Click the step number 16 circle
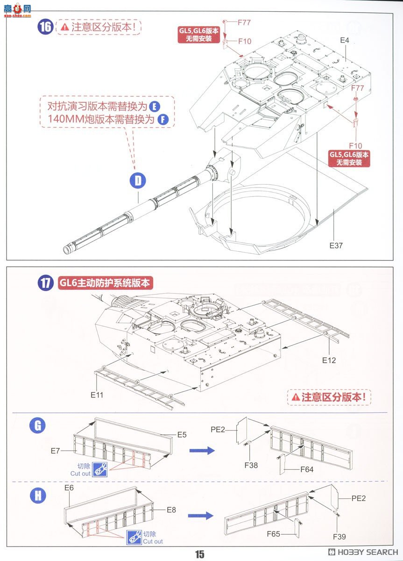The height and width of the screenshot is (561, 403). [x=45, y=27]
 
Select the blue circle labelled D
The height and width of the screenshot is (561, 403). [x=138, y=181]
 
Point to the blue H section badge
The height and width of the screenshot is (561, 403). [x=37, y=496]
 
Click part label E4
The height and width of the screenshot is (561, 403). [x=345, y=40]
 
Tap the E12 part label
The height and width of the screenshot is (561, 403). [x=329, y=360]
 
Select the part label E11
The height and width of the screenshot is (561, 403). [x=97, y=395]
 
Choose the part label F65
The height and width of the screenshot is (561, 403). [x=276, y=534]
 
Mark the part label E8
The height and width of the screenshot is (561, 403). [x=171, y=510]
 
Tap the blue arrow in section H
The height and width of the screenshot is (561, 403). [x=200, y=515]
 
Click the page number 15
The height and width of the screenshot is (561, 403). [x=200, y=554]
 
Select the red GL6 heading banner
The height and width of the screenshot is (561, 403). [x=106, y=283]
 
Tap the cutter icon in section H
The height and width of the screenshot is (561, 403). [x=134, y=538]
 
